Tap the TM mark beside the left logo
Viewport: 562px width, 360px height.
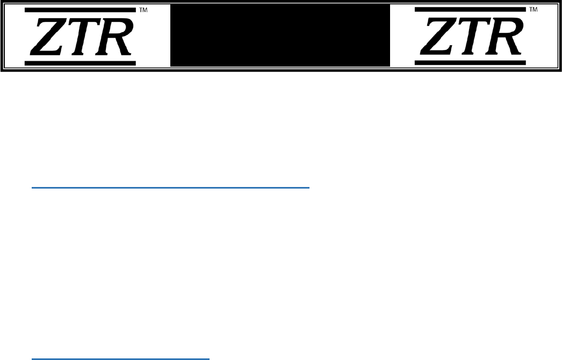[143, 10]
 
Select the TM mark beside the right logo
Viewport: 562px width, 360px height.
[534, 10]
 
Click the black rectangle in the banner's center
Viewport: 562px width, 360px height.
[280, 35]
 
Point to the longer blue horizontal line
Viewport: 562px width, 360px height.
[171, 188]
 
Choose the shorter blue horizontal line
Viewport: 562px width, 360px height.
[120, 358]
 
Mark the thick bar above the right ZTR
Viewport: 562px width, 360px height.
[471, 10]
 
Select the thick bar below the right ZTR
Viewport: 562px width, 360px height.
[471, 63]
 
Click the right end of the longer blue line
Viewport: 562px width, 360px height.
[309, 188]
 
